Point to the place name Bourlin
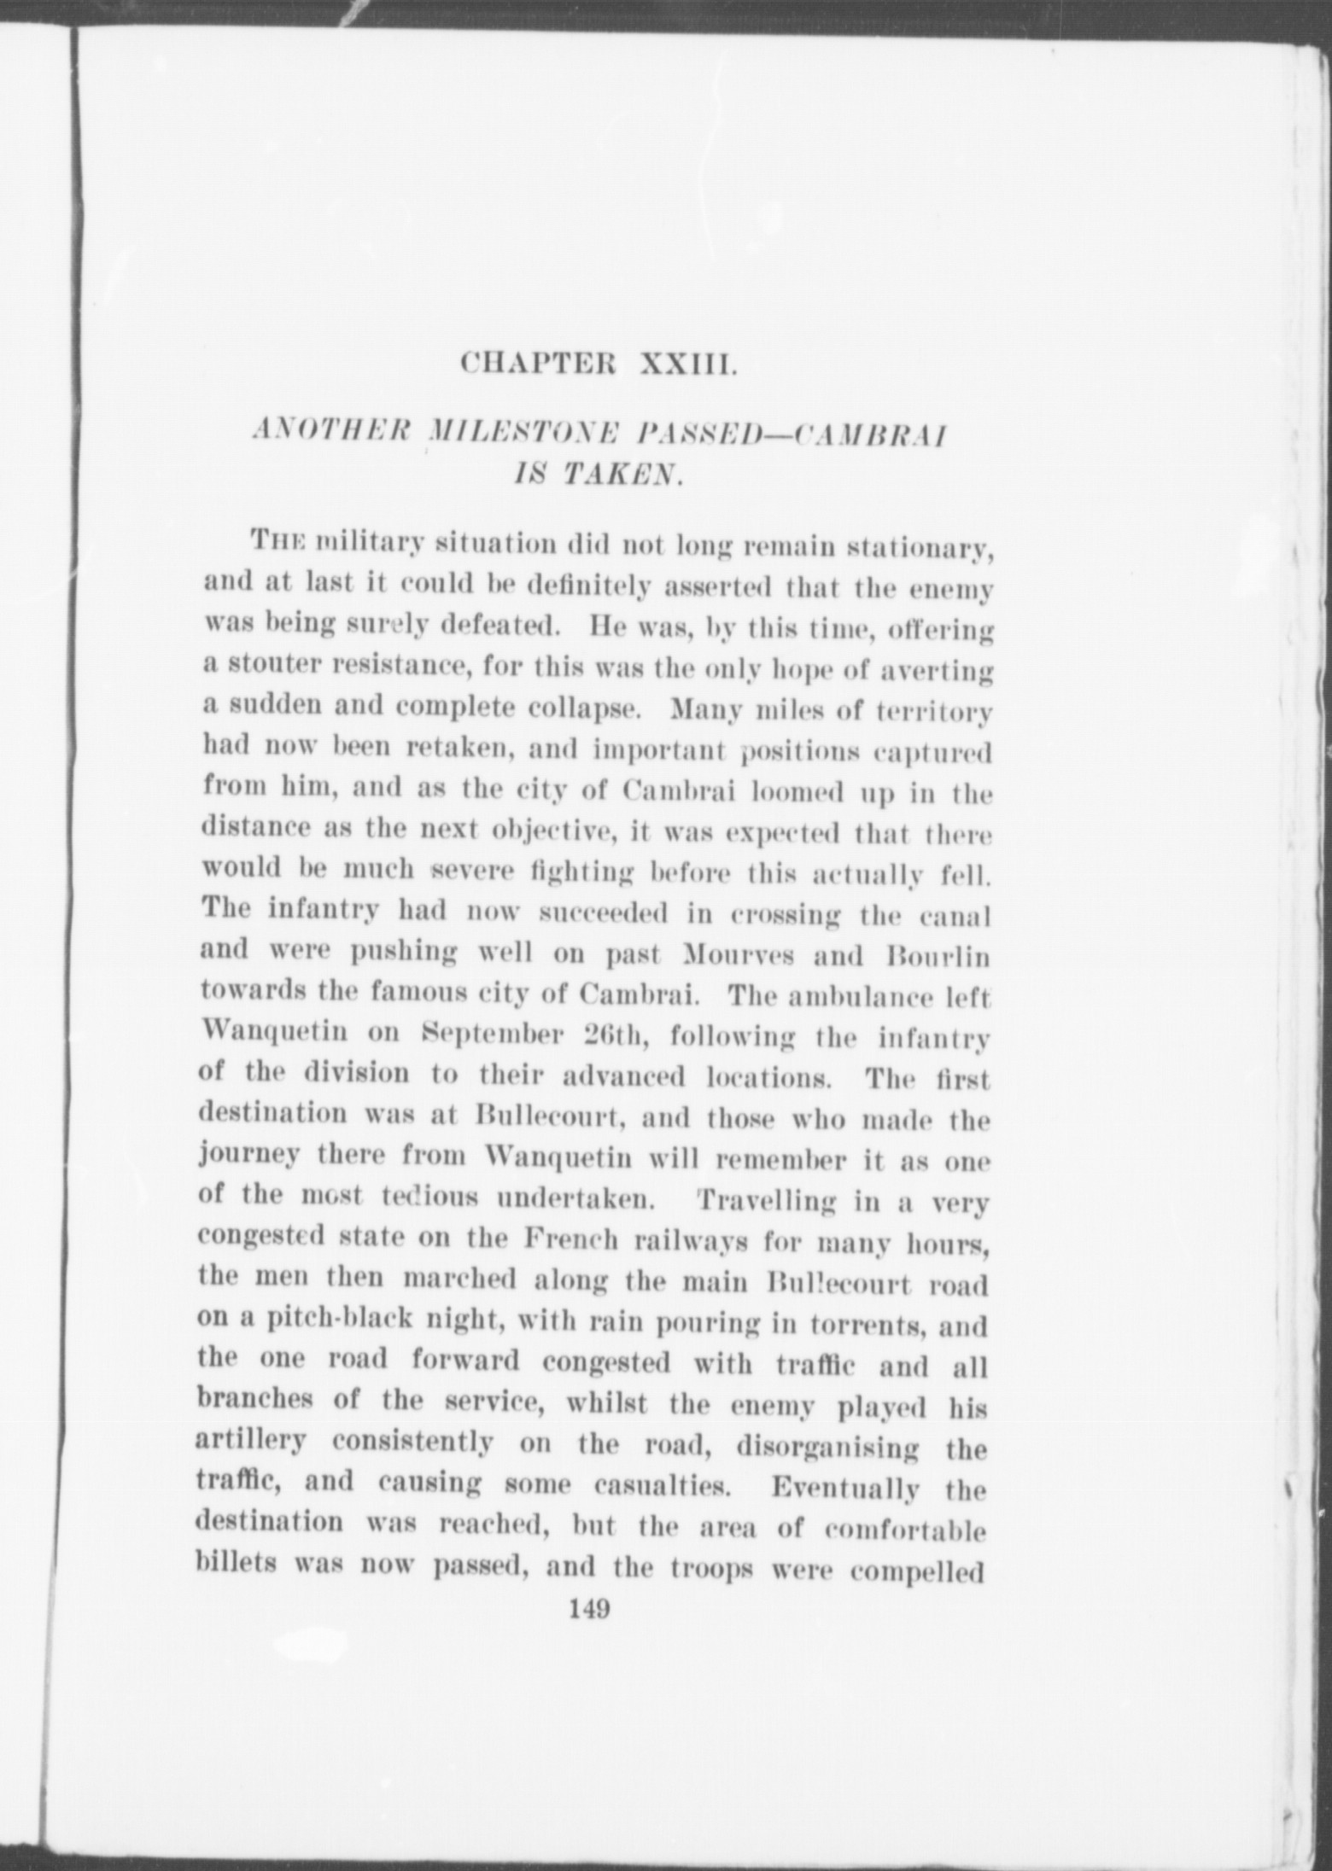point(938,956)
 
